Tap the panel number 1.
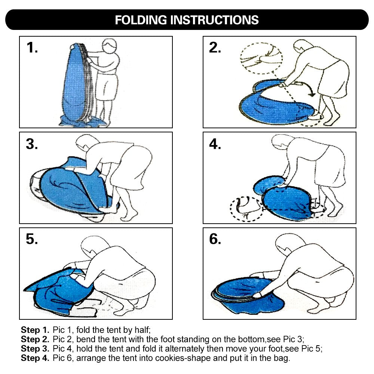tap(32, 48)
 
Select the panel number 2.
tap(215, 48)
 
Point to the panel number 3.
tap(32, 144)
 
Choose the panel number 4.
tap(215, 144)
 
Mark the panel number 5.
tap(32, 239)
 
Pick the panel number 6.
tap(215, 239)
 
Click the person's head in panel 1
tap(110, 47)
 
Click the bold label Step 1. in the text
tap(35, 330)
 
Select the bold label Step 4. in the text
tap(35, 358)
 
